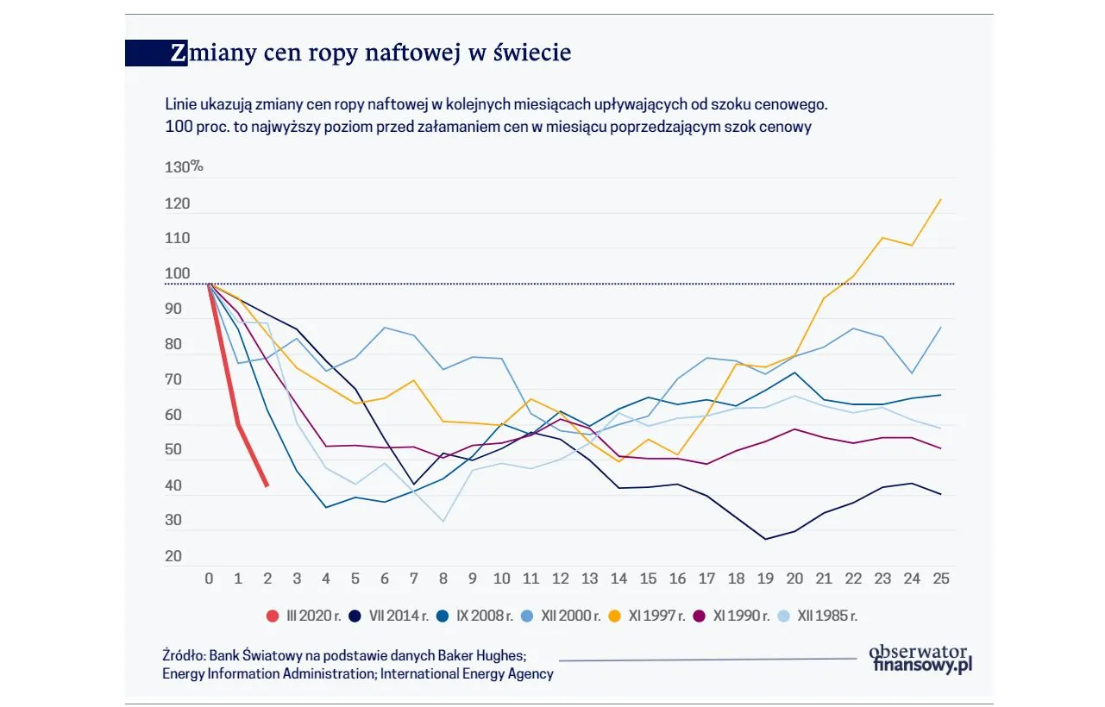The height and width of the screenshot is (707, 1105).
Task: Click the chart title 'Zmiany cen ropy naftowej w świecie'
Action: coord(370,53)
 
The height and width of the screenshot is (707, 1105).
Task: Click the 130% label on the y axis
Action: coord(183,167)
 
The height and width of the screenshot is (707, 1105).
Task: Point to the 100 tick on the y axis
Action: coord(177,274)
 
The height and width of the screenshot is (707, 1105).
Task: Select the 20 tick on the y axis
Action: coord(173,557)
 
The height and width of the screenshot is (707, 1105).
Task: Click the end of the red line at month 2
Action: coord(267,486)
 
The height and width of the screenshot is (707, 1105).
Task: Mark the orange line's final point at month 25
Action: coord(940,199)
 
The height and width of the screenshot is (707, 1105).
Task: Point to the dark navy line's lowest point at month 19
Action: coord(765,539)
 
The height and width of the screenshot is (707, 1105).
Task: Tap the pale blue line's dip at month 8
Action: coord(443,521)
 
